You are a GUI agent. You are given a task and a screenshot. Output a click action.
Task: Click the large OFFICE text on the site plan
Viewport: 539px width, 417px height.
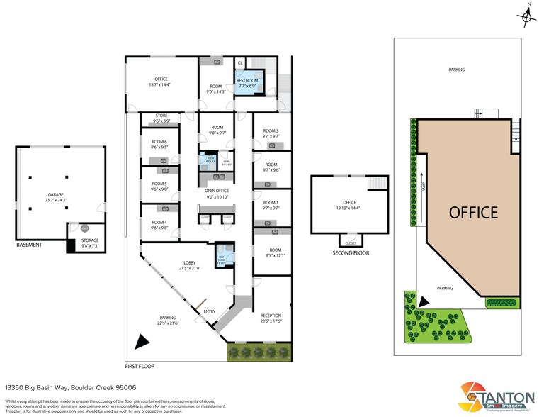(x=473, y=212)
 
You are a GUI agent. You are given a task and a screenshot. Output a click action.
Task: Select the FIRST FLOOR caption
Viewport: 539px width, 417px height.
(x=140, y=367)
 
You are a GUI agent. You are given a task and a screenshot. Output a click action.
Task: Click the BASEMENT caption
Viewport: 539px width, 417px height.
(x=29, y=245)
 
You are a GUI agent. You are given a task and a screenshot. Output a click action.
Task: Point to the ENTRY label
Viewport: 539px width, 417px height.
(x=210, y=311)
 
